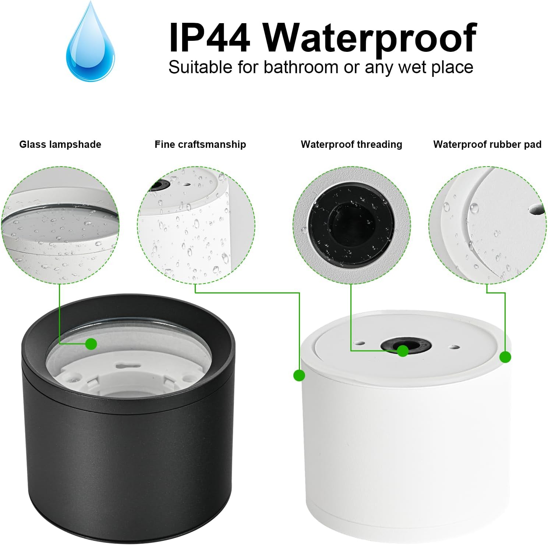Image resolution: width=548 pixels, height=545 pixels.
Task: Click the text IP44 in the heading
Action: click(209, 38)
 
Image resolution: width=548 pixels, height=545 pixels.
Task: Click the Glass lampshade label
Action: click(60, 145)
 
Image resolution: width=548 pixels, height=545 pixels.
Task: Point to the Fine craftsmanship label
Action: click(200, 145)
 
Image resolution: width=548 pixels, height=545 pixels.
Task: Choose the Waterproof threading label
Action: click(351, 145)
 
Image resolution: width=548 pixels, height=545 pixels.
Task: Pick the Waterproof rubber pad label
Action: click(487, 145)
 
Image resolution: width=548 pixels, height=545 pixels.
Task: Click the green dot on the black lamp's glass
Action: click(91, 344)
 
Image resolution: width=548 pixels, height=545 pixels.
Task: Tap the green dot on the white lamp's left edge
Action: click(299, 375)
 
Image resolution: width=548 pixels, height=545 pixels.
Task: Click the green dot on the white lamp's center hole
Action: click(403, 351)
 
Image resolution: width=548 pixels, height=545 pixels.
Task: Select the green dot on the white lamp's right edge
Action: click(505, 357)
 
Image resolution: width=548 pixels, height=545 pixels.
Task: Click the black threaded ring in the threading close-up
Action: click(351, 224)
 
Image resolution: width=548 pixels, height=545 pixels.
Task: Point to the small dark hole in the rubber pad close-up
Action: click(537, 209)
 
